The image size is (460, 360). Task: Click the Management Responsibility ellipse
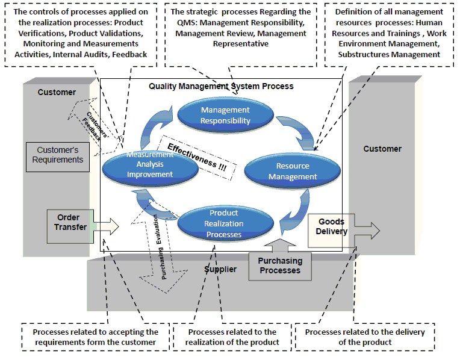(225, 115)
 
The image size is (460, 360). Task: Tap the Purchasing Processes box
(280, 265)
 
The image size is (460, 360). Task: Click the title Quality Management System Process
(221, 86)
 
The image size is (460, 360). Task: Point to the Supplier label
(220, 269)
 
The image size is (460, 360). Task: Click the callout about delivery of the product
(365, 337)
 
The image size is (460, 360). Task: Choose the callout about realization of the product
(232, 337)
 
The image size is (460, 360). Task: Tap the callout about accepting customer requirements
(96, 337)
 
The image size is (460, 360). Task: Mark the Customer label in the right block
(382, 149)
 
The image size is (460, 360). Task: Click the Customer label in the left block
(57, 92)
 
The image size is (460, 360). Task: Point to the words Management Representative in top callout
(240, 43)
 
